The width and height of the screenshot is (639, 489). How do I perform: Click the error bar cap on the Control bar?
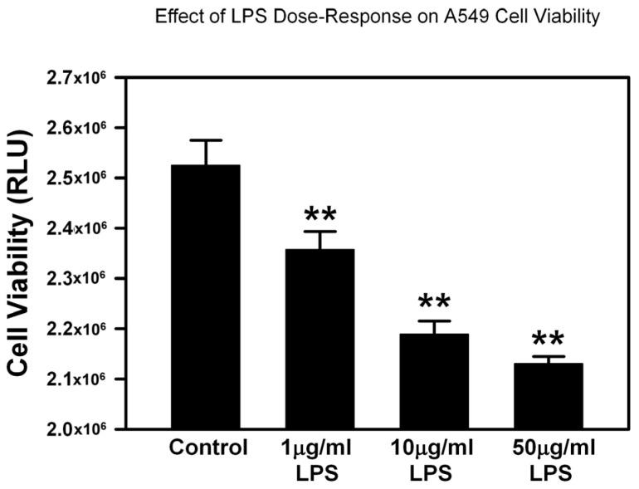(x=206, y=140)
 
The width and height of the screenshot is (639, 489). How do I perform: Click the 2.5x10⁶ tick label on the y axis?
(x=80, y=178)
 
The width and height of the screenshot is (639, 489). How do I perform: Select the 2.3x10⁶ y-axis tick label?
(x=80, y=278)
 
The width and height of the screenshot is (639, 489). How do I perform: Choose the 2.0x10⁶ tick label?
(x=80, y=429)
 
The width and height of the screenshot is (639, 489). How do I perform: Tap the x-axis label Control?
(x=208, y=448)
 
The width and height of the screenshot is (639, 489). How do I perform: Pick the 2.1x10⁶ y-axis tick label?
(x=80, y=379)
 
